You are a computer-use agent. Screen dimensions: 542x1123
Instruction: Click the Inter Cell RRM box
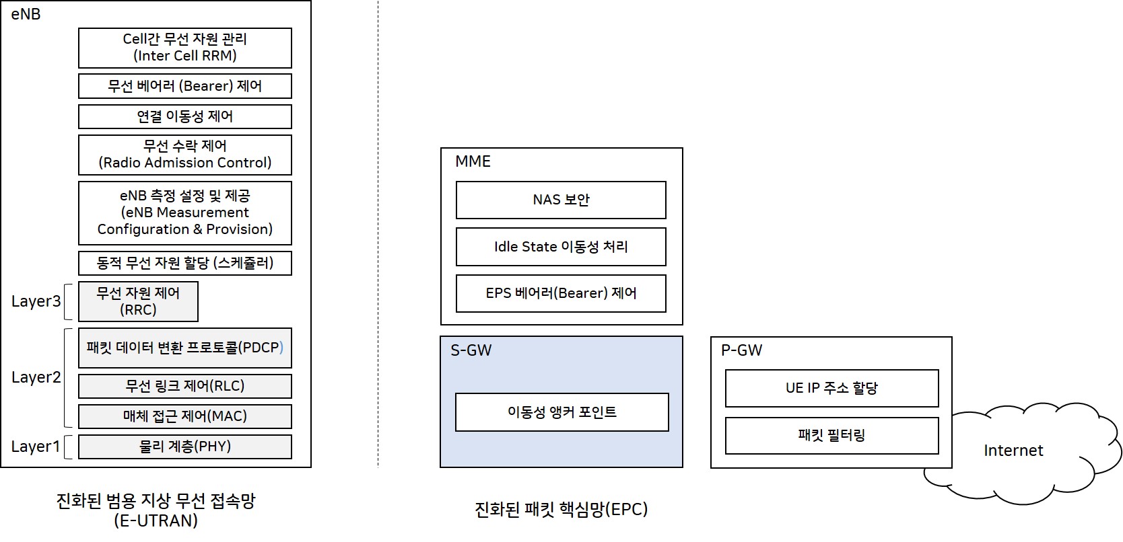pos(184,48)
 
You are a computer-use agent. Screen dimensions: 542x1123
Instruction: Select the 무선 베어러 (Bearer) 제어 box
pos(184,86)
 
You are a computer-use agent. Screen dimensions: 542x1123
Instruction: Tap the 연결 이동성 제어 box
pos(184,116)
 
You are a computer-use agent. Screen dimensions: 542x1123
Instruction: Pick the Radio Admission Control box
pos(184,155)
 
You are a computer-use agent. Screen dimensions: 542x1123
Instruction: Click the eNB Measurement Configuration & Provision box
pos(184,212)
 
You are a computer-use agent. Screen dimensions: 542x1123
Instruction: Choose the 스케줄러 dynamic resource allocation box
pos(184,263)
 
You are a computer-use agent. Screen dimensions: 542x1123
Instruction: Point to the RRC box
pos(138,301)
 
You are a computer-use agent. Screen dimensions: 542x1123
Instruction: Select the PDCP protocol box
pos(184,348)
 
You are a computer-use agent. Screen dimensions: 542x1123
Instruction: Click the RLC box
pos(184,386)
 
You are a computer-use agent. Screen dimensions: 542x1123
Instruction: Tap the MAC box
pos(184,416)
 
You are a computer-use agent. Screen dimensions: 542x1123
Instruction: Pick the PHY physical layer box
pos(184,447)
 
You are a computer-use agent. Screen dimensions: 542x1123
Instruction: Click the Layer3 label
pos(36,301)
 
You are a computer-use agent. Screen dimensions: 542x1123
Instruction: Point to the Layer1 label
pos(36,447)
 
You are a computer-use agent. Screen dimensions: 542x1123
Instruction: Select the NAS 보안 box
pos(561,200)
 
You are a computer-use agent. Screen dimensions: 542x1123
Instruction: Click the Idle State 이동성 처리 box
pos(561,247)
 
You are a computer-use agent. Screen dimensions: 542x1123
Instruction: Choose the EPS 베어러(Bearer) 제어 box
pos(561,293)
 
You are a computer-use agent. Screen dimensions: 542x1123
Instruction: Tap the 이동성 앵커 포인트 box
pos(561,412)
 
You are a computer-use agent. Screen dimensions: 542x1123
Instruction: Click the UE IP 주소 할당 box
pos(831,388)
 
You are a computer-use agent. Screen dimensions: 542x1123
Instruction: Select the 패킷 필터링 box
pos(831,436)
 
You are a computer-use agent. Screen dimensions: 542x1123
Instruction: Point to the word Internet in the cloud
pos(1013,451)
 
